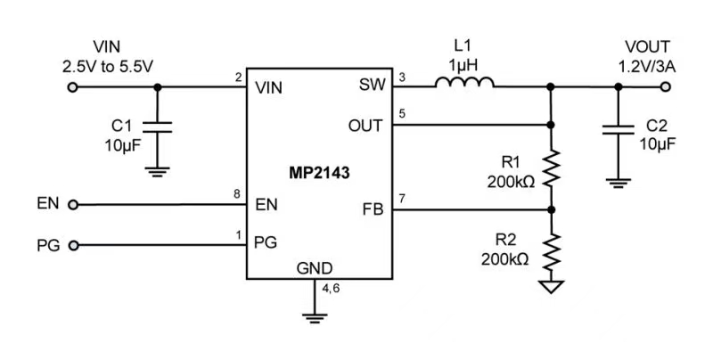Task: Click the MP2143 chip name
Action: tap(317, 175)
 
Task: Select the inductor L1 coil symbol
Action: tap(464, 84)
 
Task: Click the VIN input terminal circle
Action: tap(73, 87)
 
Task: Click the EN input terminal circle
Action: tap(73, 204)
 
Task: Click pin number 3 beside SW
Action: tap(401, 78)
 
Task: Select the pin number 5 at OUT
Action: tap(401, 115)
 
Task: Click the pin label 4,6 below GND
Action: tap(331, 288)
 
